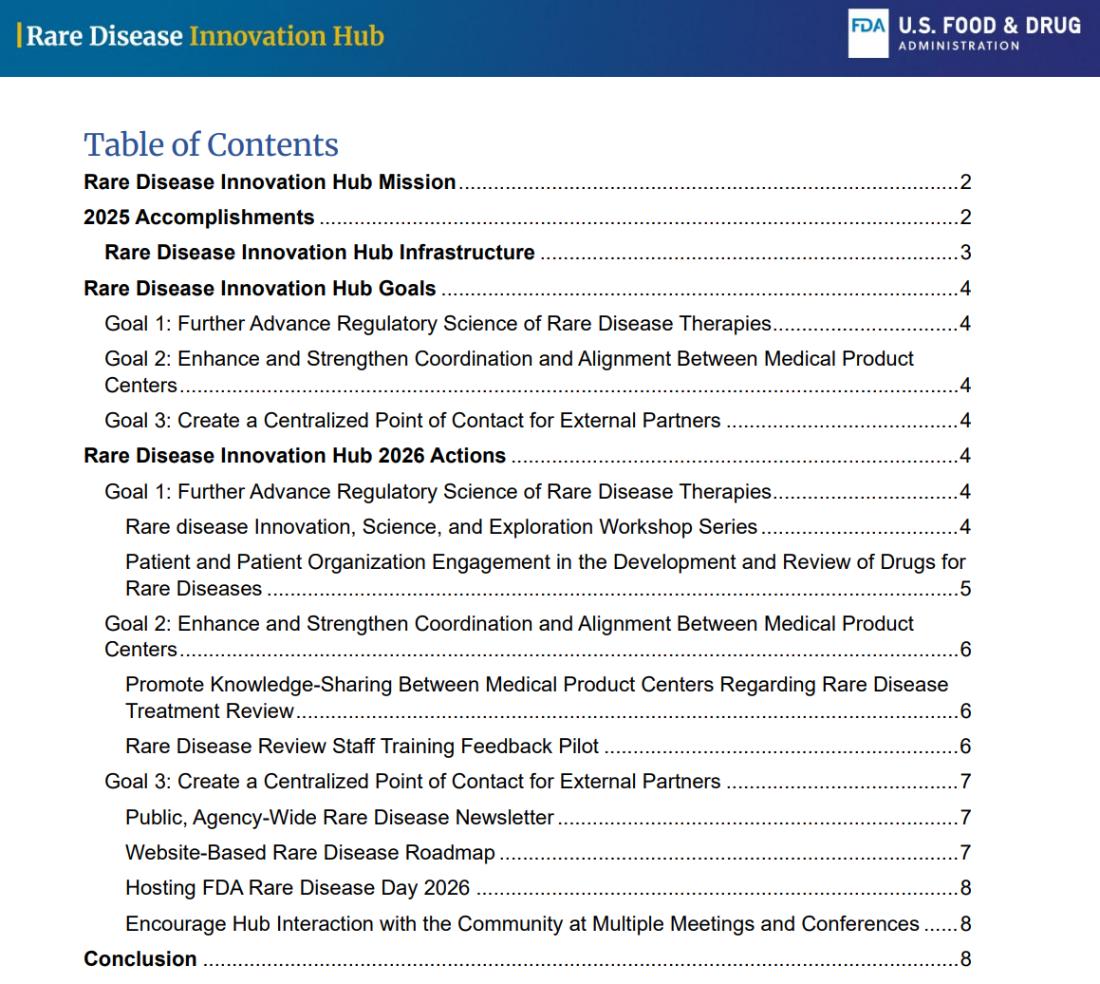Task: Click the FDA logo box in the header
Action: pos(867,35)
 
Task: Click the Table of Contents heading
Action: pos(211,144)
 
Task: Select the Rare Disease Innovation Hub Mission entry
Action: pos(270,182)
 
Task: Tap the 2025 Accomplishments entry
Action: pos(199,218)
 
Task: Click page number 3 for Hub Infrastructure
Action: pos(964,253)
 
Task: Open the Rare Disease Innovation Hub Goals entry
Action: pos(260,289)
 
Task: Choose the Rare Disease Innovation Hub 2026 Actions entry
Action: pos(295,456)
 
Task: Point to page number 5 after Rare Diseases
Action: pos(964,589)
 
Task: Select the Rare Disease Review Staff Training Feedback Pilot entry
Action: pos(363,747)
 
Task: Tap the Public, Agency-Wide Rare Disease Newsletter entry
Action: pos(340,818)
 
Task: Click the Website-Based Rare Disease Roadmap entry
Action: pos(310,853)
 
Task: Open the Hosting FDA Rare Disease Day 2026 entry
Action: pos(298,888)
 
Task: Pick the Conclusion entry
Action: pos(140,959)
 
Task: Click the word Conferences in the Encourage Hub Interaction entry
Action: pos(861,924)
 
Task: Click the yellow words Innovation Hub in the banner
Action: pos(287,36)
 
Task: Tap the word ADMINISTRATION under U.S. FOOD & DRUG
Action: pos(959,46)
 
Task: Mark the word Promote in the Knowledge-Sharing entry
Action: pos(164,685)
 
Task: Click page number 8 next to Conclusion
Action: pos(964,959)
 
